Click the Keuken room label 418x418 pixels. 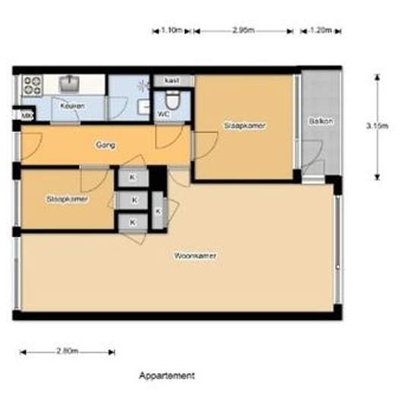pos(72,106)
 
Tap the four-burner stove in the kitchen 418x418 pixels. pos(32,84)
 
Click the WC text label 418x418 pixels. pos(163,115)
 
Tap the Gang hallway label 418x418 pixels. pos(105,144)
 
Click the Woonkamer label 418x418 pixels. pos(195,256)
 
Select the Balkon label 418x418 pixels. pos(321,122)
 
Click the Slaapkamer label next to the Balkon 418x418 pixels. pos(245,125)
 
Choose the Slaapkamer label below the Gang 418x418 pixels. pos(67,199)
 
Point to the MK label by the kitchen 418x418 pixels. pos(25,116)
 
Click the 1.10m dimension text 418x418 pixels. pos(173,30)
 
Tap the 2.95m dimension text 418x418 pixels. pos(243,30)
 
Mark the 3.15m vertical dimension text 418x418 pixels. pos(377,126)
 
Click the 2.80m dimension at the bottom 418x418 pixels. pos(67,352)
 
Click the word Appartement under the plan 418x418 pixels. pos(167,375)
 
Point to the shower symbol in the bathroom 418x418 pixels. pos(141,86)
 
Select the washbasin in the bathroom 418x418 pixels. pos(144,107)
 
